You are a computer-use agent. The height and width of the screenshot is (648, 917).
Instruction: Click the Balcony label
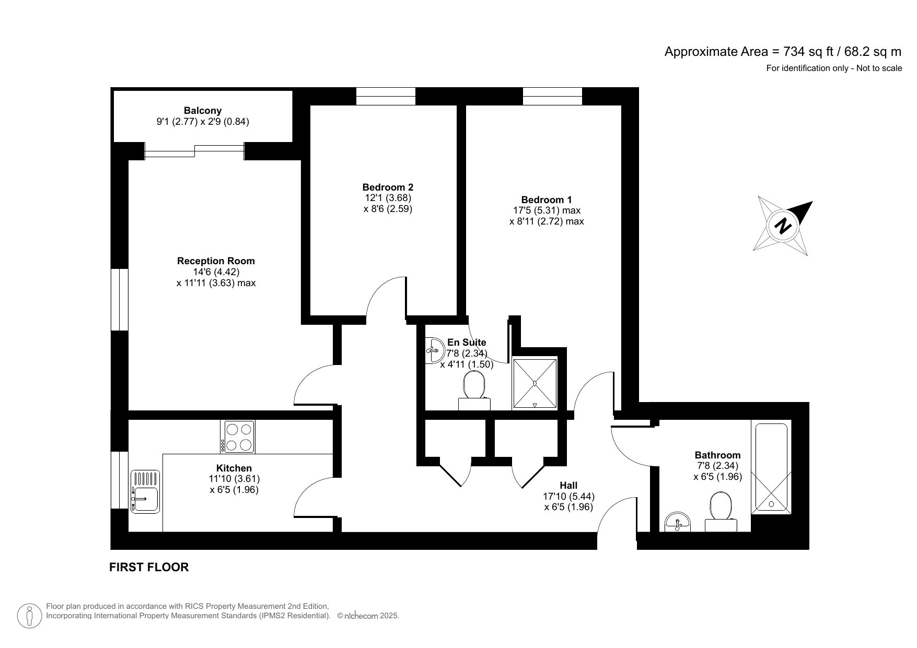pos(203,111)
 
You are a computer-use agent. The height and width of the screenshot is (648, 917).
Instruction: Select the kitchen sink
pos(146,491)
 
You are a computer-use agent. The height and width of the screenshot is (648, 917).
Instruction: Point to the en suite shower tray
pos(535,383)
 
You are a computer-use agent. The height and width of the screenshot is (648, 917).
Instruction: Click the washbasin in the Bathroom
pos(678,522)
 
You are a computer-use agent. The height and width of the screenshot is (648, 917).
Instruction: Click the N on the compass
pos(783,226)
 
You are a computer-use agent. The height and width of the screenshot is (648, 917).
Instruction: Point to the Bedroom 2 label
pos(388,187)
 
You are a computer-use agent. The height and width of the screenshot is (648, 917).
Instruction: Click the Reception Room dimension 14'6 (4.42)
pos(216,272)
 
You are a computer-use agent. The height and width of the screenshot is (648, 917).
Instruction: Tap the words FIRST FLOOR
pos(149,567)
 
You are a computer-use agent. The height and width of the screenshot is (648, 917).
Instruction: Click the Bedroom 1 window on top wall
pos(552,96)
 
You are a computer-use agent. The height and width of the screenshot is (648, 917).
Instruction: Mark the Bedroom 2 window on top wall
pos(386,96)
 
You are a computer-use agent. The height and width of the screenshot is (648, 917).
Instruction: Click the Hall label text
pos(568,486)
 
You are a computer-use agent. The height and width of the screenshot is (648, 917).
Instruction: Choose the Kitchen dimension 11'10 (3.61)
pos(234,479)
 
